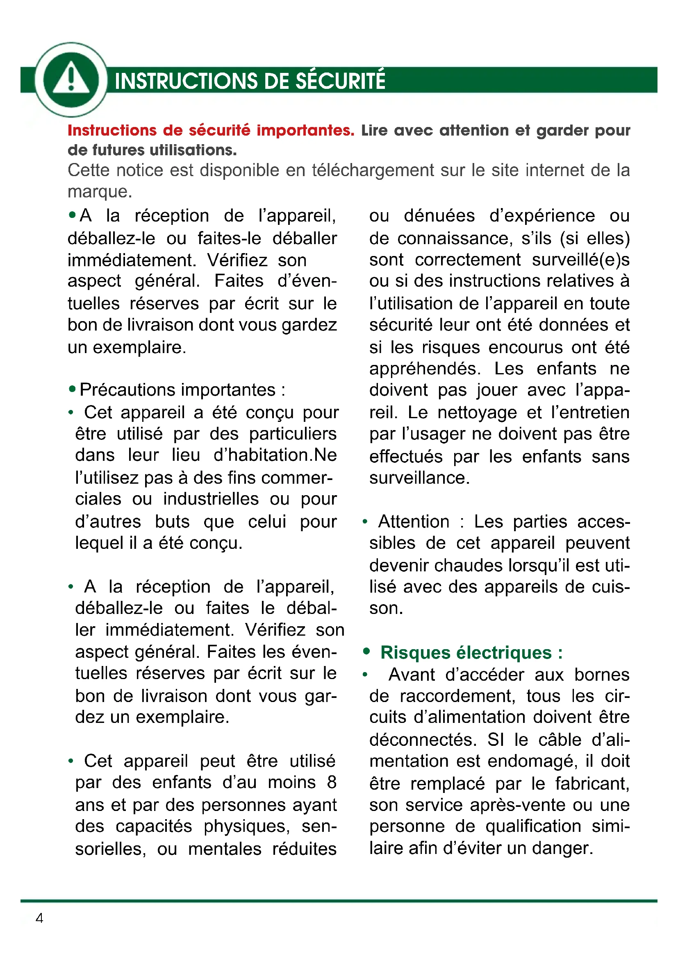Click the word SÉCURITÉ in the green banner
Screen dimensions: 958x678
click(340, 81)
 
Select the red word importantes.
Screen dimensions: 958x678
click(305, 131)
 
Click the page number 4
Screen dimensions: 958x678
click(39, 918)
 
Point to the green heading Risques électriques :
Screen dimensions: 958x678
click(471, 652)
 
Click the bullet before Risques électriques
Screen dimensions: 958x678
click(366, 652)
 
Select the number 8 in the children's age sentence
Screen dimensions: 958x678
click(332, 782)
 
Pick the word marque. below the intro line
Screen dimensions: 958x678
click(100, 192)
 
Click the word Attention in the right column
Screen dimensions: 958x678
click(413, 521)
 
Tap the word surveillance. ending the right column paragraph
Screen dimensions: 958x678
click(419, 478)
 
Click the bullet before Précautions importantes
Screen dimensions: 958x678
click(72, 390)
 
